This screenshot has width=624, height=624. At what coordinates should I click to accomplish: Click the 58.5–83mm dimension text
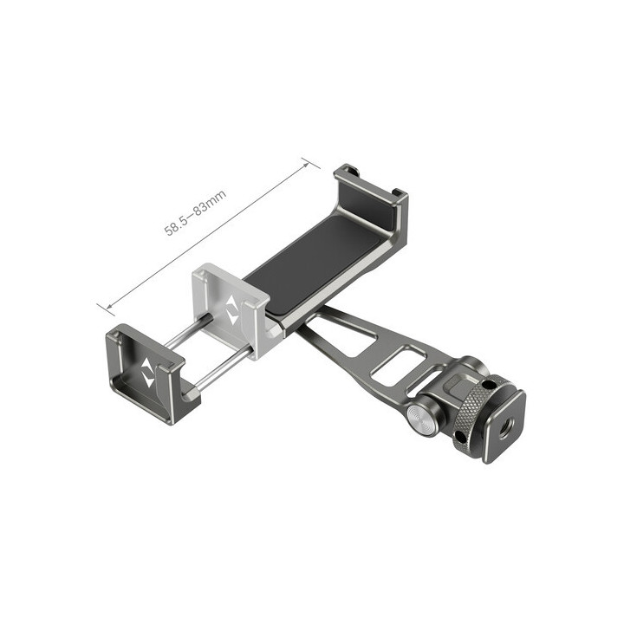click(197, 218)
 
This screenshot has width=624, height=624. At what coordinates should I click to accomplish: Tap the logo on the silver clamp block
click(231, 310)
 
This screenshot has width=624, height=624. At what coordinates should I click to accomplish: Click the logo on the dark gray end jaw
click(147, 374)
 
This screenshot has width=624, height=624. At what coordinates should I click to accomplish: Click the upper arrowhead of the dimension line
click(304, 160)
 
